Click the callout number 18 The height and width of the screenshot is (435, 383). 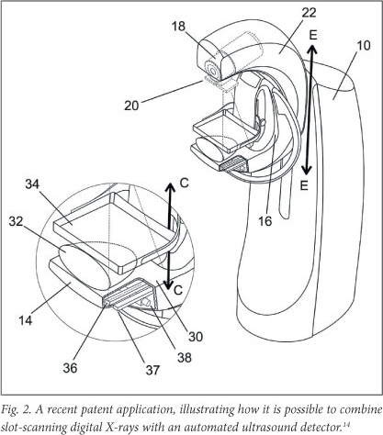[178, 27]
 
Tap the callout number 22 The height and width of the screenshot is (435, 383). [309, 13]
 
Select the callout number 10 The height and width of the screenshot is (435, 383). [364, 46]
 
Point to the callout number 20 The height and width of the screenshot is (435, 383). [131, 106]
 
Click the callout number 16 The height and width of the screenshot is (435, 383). [265, 221]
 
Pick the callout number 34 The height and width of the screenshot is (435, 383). [32, 184]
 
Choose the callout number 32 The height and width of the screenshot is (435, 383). [16, 221]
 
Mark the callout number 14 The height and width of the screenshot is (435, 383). [26, 320]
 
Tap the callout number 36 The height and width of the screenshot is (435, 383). [70, 368]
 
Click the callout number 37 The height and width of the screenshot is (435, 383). [152, 370]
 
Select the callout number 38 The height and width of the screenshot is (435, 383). [185, 357]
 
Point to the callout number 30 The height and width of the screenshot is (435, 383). [196, 337]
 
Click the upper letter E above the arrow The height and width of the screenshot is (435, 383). [313, 36]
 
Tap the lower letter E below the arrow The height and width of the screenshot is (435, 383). [304, 185]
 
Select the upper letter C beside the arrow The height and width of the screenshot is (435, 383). [185, 183]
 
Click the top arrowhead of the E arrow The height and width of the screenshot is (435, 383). [312, 50]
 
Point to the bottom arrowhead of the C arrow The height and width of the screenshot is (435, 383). [168, 284]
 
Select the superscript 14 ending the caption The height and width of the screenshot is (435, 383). [345, 423]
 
